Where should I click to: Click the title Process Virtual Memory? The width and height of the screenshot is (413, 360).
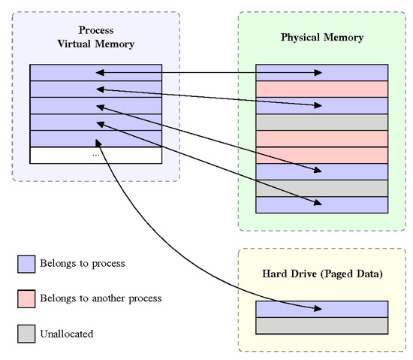[96, 38]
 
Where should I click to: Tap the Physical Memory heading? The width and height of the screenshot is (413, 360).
[321, 37]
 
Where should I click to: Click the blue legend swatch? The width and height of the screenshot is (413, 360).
[26, 264]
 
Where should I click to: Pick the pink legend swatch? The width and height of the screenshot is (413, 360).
[26, 298]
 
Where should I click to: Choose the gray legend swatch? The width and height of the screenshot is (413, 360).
[26, 333]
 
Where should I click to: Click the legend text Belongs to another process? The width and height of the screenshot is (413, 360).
[102, 298]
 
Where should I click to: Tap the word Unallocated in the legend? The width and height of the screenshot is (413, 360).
[68, 333]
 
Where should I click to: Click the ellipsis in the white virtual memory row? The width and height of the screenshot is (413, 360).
[96, 155]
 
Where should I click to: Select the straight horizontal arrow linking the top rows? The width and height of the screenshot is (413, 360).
[210, 73]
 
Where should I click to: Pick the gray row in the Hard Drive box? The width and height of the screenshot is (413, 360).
[322, 325]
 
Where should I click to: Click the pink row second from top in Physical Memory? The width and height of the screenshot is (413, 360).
[322, 89]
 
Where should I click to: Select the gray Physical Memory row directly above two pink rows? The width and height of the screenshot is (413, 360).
[322, 122]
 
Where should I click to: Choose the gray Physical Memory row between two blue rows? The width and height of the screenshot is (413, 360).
[322, 188]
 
